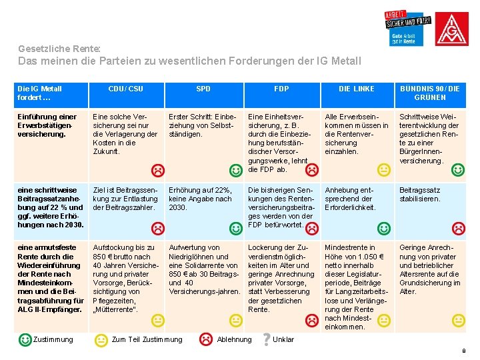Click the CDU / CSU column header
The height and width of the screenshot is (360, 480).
click(x=125, y=89)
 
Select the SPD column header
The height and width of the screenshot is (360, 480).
click(x=203, y=89)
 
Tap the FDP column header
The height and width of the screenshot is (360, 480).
click(x=281, y=89)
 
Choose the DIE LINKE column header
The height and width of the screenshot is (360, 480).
click(x=357, y=89)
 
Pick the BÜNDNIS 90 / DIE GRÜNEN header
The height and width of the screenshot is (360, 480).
click(x=430, y=93)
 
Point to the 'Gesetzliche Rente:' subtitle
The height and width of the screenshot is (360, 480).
click(x=59, y=49)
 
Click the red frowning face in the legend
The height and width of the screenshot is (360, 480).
click(x=206, y=339)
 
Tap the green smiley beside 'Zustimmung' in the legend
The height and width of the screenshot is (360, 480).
click(x=25, y=339)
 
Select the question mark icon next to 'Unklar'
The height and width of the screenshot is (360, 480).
click(x=267, y=339)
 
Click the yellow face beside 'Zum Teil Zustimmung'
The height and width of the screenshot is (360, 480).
click(x=101, y=340)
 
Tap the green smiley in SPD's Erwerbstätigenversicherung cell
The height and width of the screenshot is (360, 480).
click(x=235, y=171)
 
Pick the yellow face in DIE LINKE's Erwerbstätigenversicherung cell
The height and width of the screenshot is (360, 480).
click(x=384, y=170)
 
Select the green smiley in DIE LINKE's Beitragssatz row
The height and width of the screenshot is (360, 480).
click(x=384, y=229)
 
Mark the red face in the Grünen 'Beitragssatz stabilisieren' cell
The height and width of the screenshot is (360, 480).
click(x=458, y=229)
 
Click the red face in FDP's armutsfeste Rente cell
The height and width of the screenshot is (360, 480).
click(x=311, y=321)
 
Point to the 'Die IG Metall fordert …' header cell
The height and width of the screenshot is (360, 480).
click(x=40, y=93)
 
